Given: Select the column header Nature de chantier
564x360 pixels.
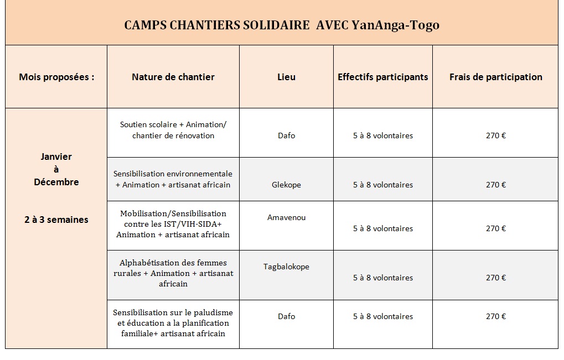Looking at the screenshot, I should click(x=173, y=77).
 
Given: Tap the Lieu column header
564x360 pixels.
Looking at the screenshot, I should click(x=286, y=77).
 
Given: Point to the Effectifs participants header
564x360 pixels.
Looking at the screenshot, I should click(x=383, y=77).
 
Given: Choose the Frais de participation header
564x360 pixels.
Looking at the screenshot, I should click(x=496, y=77).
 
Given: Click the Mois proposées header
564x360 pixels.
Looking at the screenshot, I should click(x=56, y=77).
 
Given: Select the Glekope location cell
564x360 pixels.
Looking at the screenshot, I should click(x=286, y=185).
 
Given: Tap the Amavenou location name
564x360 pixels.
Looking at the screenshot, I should click(x=286, y=217).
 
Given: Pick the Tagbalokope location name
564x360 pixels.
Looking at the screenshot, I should click(x=286, y=267).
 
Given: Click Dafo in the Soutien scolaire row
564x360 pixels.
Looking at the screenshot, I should click(x=286, y=135).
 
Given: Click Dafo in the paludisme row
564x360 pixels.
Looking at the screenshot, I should click(x=286, y=316).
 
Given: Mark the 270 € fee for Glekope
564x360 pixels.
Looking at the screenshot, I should click(x=496, y=185).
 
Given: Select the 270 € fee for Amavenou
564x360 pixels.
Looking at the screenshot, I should click(x=496, y=228).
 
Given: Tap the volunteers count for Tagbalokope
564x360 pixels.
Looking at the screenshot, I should click(x=383, y=278).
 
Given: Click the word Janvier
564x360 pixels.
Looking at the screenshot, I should click(x=56, y=156).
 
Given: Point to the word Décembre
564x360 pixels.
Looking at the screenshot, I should click(x=56, y=182).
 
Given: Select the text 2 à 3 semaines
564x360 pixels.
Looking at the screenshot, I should click(x=56, y=220).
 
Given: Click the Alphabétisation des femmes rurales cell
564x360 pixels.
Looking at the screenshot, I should click(x=173, y=273).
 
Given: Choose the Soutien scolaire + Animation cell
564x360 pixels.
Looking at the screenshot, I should click(x=173, y=130).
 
